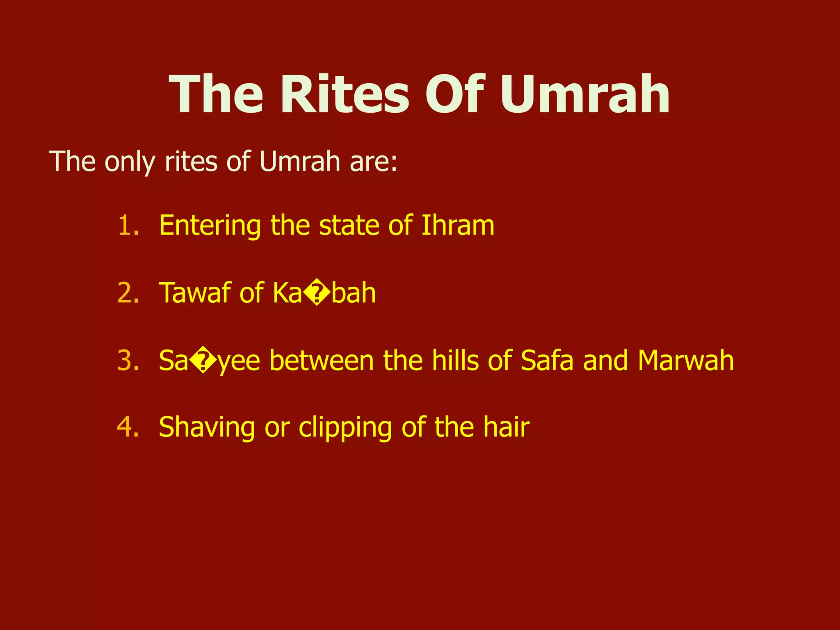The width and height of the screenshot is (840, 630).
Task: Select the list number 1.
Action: (128, 226)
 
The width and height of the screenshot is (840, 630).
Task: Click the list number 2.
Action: (128, 293)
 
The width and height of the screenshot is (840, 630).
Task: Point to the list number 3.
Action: (128, 361)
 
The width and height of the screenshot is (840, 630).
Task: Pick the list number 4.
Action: (128, 427)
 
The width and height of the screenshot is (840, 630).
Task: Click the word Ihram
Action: (458, 226)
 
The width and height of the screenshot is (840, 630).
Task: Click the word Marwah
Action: (685, 361)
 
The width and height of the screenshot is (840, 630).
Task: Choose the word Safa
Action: (547, 361)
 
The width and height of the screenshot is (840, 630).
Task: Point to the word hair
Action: (506, 427)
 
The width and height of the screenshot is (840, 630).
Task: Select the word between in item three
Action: (321, 361)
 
